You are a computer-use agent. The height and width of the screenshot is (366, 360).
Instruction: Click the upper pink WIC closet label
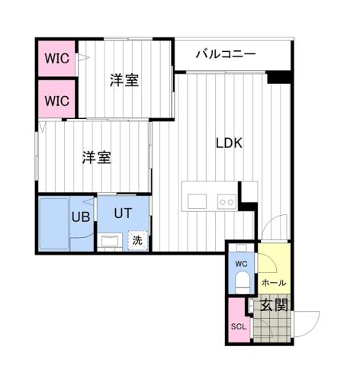click(x=56, y=57)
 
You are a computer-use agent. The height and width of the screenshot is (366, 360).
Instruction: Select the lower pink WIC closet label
click(x=56, y=99)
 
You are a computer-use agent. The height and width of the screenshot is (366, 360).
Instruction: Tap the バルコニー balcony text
click(x=225, y=53)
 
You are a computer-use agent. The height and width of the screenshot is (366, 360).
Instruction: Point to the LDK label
click(x=229, y=142)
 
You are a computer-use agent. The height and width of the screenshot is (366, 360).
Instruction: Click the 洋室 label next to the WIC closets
click(x=124, y=79)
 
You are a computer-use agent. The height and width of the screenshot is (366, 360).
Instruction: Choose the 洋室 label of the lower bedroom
click(x=97, y=158)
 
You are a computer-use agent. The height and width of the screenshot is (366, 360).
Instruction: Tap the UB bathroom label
click(x=81, y=216)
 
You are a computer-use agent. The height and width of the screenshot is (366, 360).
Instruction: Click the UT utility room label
click(x=124, y=213)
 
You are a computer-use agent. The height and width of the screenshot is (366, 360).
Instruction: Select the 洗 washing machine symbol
click(x=137, y=239)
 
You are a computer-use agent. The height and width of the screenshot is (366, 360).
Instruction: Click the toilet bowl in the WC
click(x=241, y=283)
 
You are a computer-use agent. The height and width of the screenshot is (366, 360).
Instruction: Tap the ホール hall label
click(x=273, y=283)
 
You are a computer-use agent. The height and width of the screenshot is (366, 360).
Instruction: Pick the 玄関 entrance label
click(x=274, y=307)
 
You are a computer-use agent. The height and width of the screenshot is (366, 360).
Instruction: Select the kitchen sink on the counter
click(x=197, y=201)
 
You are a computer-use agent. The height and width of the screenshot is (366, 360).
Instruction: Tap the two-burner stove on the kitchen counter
click(x=226, y=201)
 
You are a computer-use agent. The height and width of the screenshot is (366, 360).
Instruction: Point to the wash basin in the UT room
click(x=111, y=242)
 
